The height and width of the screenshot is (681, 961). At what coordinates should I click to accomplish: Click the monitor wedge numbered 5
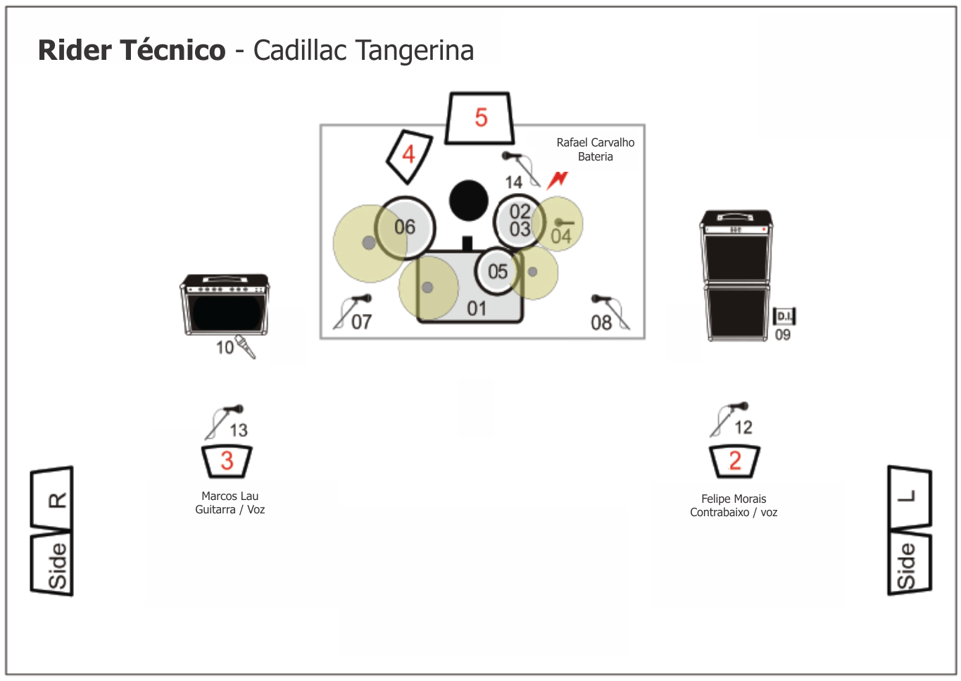(479, 118)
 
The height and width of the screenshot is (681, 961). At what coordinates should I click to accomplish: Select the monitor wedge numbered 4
(409, 156)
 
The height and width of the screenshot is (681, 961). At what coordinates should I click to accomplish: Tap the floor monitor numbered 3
(227, 462)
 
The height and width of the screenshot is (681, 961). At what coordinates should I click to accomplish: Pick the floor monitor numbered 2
(734, 462)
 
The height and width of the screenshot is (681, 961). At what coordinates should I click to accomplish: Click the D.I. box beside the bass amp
(784, 317)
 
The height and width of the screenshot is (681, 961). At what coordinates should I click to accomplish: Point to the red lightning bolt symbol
(558, 180)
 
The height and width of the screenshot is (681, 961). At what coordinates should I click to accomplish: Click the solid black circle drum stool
(468, 201)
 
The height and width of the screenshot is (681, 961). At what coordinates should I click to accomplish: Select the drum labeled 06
(405, 228)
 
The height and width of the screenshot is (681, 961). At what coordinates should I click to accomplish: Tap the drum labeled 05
(498, 271)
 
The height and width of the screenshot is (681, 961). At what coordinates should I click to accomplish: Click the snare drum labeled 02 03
(519, 221)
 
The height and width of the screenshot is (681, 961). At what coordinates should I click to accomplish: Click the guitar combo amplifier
(225, 305)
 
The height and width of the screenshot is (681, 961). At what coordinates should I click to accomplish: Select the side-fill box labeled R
(52, 498)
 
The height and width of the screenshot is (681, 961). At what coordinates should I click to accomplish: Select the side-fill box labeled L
(910, 498)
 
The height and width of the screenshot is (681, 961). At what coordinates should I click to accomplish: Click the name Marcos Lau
(230, 496)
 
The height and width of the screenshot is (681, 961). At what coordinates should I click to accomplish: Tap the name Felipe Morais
(734, 499)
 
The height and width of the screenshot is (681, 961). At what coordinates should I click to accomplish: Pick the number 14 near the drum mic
(513, 182)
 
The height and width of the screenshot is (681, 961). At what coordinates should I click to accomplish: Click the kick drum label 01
(477, 309)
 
